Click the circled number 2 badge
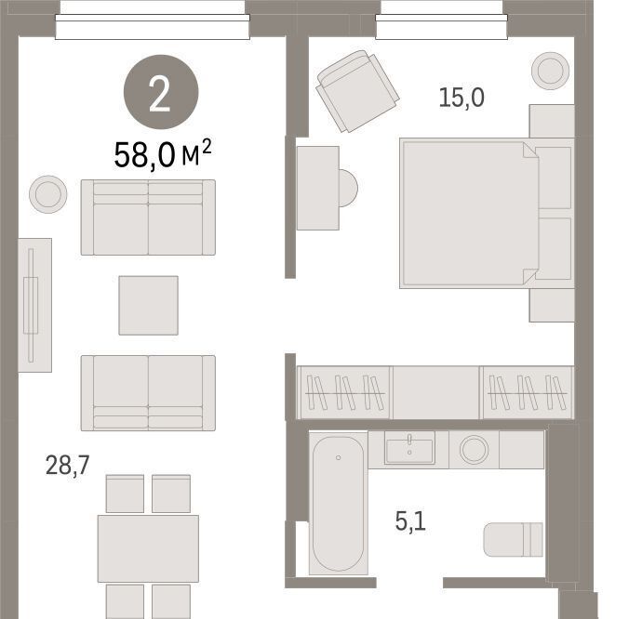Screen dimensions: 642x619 (161, 92)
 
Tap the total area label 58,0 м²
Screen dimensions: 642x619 (163, 154)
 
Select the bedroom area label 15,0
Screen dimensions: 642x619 (461, 98)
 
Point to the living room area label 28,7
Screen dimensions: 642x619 (68, 465)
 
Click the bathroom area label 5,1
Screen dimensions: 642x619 (410, 521)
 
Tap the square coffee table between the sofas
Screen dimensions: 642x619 (148, 305)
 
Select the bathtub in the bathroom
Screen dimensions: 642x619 (338, 503)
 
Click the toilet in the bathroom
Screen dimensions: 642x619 (513, 540)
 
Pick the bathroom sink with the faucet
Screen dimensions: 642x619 (409, 448)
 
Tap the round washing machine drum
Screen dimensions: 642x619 (475, 449)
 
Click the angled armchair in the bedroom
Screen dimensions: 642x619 (357, 91)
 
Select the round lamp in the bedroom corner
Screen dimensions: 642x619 (550, 71)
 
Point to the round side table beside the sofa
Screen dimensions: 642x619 (48, 194)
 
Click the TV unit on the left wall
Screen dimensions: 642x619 (34, 305)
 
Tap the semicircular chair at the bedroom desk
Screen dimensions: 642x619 (348, 188)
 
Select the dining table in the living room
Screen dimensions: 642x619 (148, 548)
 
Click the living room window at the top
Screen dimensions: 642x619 (153, 27)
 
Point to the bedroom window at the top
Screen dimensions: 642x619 (441, 27)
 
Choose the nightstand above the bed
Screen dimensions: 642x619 (552, 121)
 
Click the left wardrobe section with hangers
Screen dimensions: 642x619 (345, 393)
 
